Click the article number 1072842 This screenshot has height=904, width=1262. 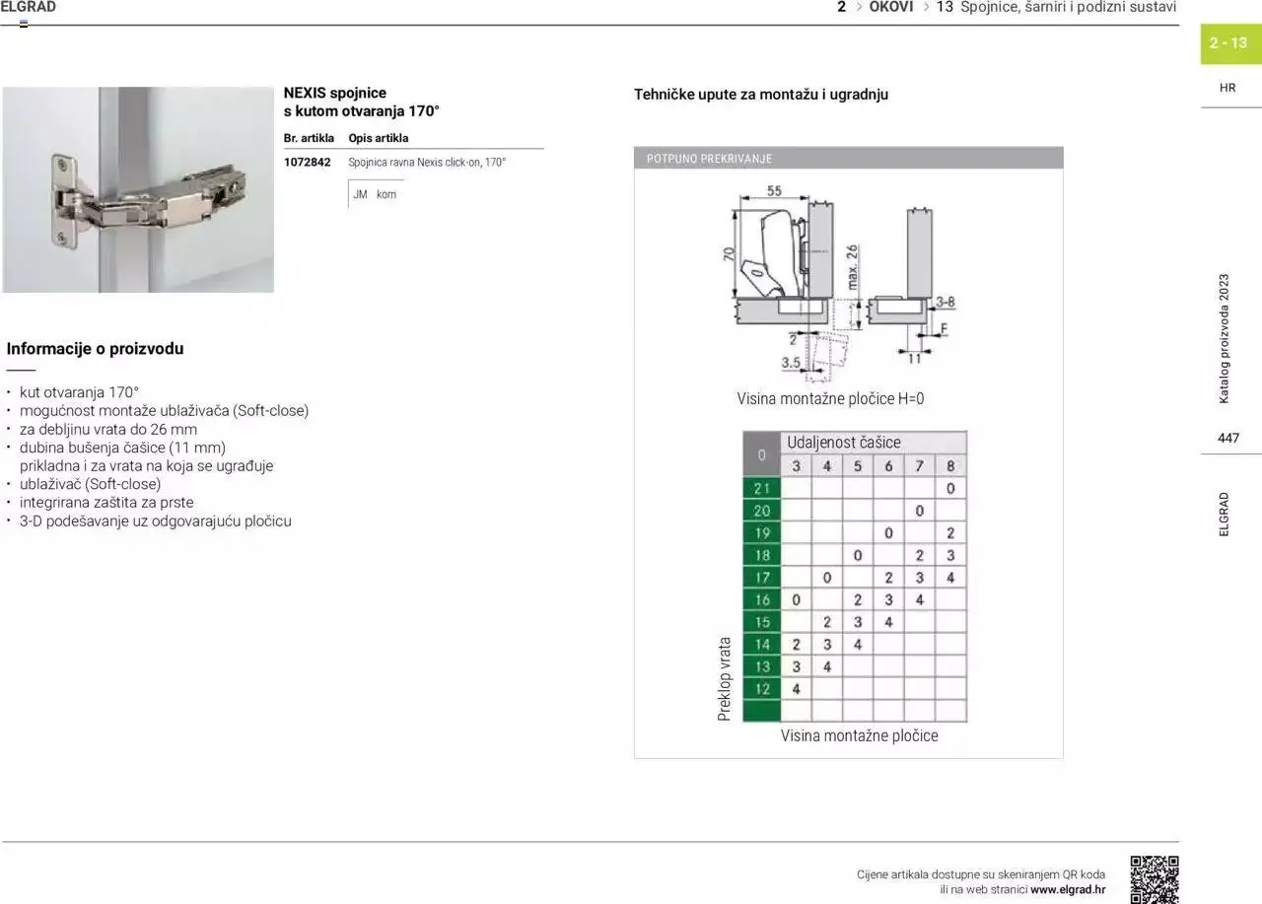307,163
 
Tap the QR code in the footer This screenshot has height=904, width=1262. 1154,878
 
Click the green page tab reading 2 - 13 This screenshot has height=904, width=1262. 1228,43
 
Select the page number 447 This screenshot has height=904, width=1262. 1227,438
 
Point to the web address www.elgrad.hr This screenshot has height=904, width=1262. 1068,889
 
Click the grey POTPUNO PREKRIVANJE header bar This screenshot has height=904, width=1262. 848,158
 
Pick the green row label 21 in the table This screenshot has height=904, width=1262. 761,488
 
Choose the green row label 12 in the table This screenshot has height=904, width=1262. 761,689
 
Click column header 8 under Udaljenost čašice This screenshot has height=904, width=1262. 950,465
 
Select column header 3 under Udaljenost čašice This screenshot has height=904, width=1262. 796,465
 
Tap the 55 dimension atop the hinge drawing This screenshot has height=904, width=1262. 774,191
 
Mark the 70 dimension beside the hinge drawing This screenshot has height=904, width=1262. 729,254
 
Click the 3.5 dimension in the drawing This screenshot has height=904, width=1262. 791,363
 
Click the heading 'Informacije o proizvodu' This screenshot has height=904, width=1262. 95,348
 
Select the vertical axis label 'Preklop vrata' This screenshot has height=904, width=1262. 725,678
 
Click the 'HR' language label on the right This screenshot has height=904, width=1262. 1227,88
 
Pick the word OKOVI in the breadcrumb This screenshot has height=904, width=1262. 890,7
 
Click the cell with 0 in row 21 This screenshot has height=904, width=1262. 950,488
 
